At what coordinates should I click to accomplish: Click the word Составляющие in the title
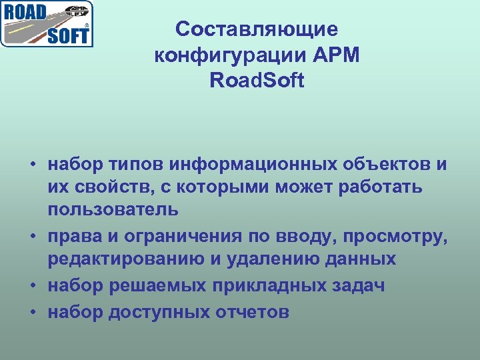[257, 29]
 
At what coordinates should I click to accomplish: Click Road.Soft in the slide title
[257, 81]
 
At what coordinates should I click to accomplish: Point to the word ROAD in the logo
[25, 12]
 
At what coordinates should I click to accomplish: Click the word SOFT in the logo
[67, 35]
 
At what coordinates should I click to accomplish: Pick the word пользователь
[113, 210]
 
